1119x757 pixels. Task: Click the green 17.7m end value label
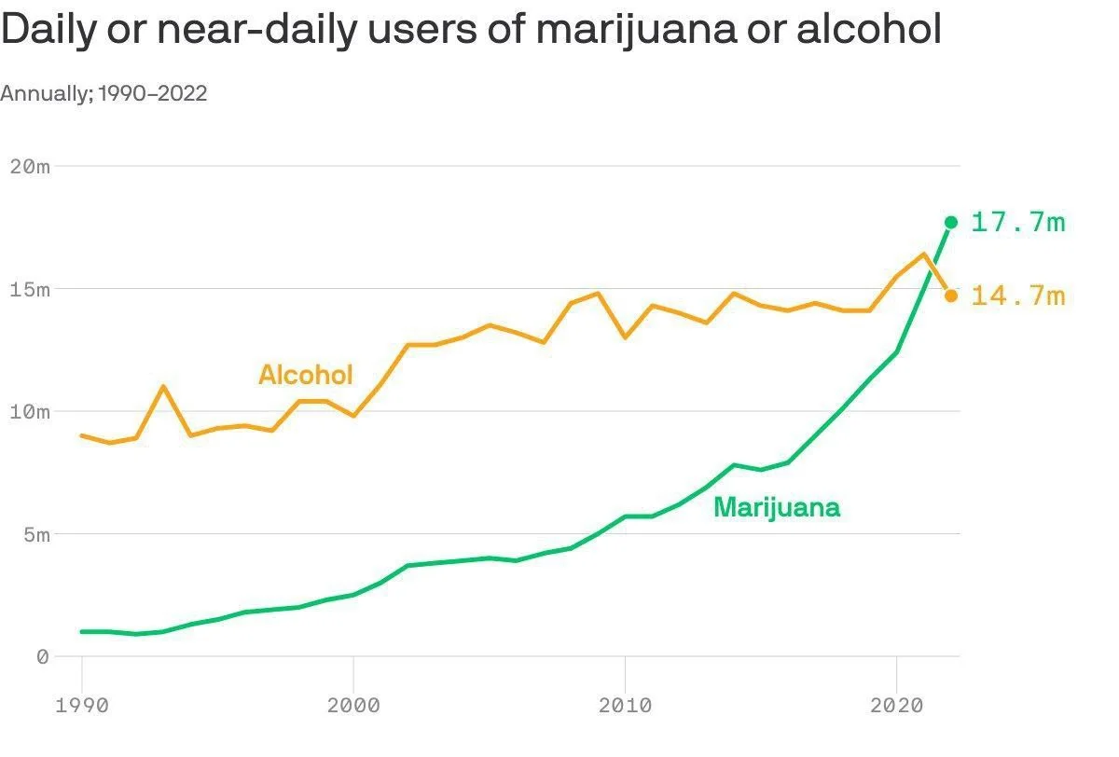1017,223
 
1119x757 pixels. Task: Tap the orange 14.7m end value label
1017,296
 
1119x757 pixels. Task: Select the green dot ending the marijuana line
951,222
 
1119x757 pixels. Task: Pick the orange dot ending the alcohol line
951,296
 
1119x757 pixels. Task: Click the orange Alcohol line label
306,375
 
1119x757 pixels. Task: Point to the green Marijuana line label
777,508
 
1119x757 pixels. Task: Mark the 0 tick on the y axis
42,657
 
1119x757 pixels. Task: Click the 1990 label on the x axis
82,706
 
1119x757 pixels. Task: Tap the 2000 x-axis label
353,706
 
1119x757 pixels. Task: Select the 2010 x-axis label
625,706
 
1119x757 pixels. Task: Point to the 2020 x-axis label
896,706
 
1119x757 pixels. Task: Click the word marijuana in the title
639,30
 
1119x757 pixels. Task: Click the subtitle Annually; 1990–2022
104,93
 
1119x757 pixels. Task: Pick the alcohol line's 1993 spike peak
163,386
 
